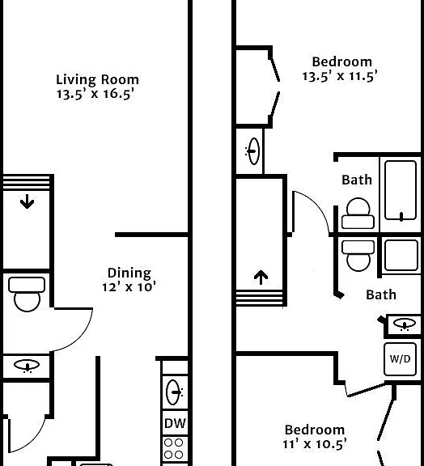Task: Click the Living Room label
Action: pos(98,79)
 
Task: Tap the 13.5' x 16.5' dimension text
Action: pos(95,94)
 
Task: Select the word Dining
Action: pos(129,273)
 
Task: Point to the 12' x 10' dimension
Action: pos(129,287)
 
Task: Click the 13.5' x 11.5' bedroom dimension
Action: pos(340,76)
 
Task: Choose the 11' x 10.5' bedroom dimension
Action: pos(314,444)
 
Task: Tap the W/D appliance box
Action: pos(400,358)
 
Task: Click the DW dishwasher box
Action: pos(175,423)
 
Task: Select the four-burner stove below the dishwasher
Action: pos(174,449)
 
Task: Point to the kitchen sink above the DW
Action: pos(174,392)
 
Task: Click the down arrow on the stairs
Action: pos(27,201)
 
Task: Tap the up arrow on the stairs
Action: pos(261,277)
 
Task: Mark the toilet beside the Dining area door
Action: pos(27,294)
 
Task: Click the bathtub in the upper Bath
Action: pos(401,191)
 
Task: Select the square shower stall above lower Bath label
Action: pos(401,256)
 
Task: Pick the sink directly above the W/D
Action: pos(404,324)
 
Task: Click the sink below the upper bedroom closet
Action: pos(253,151)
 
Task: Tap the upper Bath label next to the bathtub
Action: pos(357,180)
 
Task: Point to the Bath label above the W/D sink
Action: pos(381,294)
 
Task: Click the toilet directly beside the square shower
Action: pos(358,256)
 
